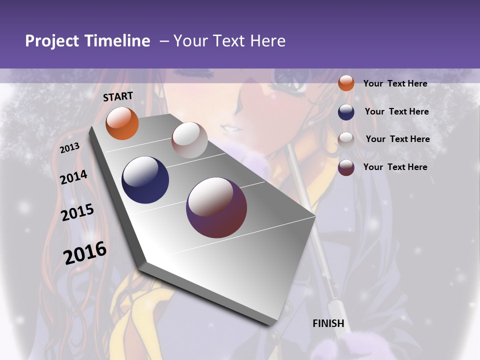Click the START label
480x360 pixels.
click(118, 96)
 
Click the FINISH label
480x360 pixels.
click(328, 323)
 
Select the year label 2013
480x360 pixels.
click(70, 148)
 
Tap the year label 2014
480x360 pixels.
click(74, 177)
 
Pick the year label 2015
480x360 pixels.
click(77, 213)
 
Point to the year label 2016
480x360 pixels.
click(85, 253)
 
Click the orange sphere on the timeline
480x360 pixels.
click(122, 123)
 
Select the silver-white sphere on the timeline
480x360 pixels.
click(189, 140)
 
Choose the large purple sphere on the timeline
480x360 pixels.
click(216, 207)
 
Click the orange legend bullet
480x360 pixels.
click(346, 83)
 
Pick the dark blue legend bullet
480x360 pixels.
click(346, 112)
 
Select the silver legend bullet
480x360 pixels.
click(346, 139)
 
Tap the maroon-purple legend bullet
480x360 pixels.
click(346, 167)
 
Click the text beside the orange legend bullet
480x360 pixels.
click(395, 84)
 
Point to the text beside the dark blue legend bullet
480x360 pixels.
click(396, 112)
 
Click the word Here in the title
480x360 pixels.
click(267, 41)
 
